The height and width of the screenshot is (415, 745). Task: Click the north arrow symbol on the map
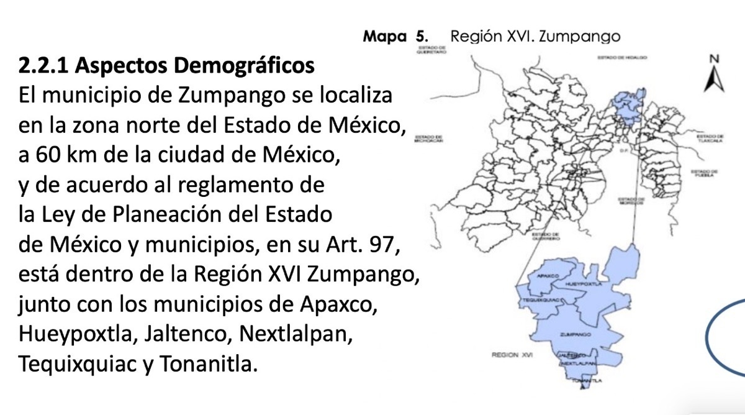click(714, 75)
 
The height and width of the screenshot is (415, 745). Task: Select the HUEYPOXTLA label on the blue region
click(580, 283)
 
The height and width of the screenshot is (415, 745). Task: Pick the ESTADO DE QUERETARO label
click(433, 51)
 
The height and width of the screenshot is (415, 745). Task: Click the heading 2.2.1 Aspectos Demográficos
click(166, 66)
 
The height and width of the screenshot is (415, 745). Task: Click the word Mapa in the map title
click(384, 36)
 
